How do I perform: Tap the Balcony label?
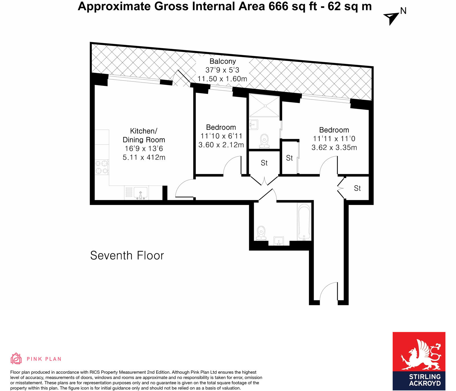click(223, 61)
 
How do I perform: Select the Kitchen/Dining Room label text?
click(144, 135)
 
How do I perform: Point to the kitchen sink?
click(140, 193)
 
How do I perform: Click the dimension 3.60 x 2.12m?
click(221, 145)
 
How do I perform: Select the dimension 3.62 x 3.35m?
click(334, 147)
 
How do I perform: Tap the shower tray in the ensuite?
click(264, 105)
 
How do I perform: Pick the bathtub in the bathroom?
click(304, 222)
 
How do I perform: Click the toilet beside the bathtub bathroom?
click(261, 233)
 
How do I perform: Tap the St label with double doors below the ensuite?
click(264, 163)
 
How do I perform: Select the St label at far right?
click(357, 188)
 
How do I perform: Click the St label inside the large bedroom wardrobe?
click(289, 158)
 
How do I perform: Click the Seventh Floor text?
click(127, 256)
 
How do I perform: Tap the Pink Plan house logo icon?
click(16, 359)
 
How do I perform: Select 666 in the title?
click(278, 6)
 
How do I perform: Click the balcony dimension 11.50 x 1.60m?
click(222, 79)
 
